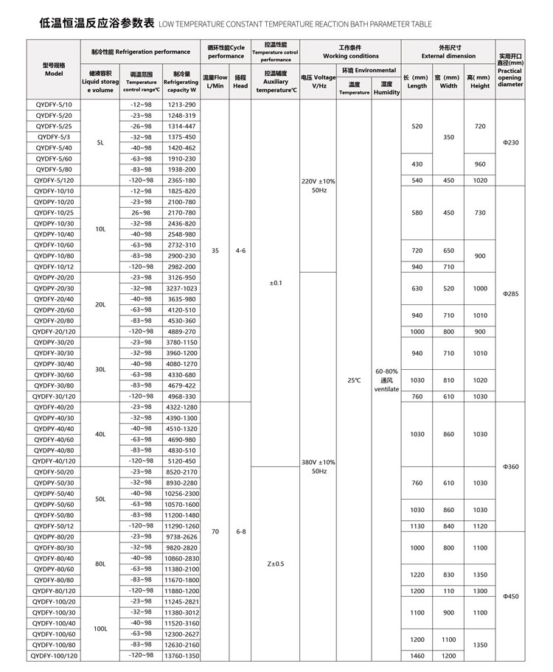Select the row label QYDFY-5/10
coord(54,105)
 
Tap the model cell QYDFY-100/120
coord(54,655)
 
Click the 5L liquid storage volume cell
coord(100,142)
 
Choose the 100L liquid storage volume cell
coord(100,629)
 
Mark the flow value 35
coord(215,251)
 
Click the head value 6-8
coord(240,531)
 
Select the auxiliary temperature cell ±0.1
coord(276,283)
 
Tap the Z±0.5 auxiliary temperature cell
coord(276,564)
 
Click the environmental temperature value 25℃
coord(354,380)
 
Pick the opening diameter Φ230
coord(511,142)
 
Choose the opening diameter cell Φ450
coord(511,596)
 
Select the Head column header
coord(240,81)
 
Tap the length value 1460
coord(417,655)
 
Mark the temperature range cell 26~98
coord(141,212)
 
